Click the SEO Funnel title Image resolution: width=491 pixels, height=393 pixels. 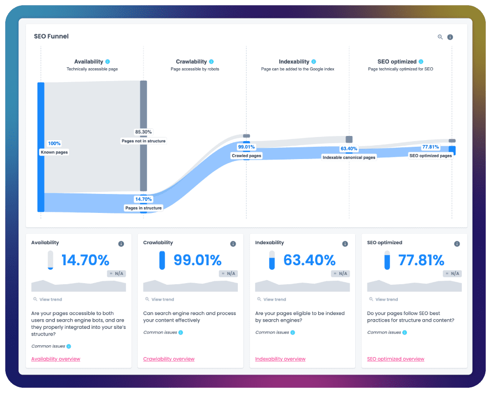coord(51,36)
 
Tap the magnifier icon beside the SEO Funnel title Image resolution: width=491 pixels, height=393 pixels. coord(440,37)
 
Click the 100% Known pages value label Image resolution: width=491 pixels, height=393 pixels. coord(54,144)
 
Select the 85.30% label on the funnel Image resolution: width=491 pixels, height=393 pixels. coord(144,132)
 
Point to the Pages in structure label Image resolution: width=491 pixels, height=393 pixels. coord(144,208)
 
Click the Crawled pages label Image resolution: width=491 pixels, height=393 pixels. coord(247,155)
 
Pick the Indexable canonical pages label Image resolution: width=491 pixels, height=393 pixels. coord(349,158)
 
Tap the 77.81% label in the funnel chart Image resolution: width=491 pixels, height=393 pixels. coord(431,147)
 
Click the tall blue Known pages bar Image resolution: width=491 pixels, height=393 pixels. coord(40,147)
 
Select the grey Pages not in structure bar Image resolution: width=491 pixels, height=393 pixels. coord(144,135)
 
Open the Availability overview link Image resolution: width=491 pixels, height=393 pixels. coord(56,359)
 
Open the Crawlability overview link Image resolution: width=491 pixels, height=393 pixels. coord(169,359)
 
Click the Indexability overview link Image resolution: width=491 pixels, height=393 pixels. coord(280,359)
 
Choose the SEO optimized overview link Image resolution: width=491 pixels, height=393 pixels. coord(396,359)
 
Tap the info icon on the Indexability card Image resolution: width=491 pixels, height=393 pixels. coord(345,244)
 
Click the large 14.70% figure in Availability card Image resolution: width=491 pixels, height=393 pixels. coord(85,260)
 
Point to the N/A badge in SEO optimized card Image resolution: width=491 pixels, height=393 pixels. coord(452,273)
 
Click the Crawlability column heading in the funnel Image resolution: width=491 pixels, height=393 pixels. coord(191,62)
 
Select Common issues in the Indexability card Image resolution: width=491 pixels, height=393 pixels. coord(272,332)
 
